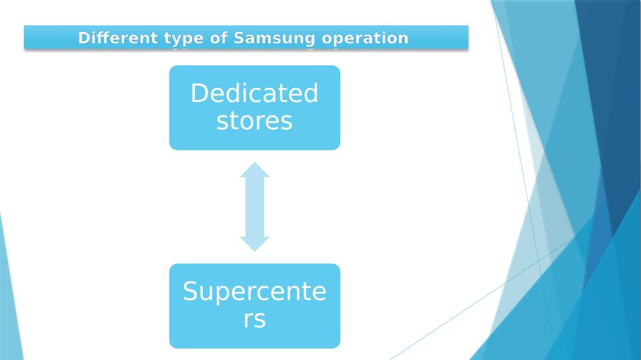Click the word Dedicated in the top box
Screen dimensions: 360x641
click(254, 93)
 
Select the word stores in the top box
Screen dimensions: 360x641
click(254, 121)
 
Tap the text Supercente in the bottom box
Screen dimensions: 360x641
click(254, 291)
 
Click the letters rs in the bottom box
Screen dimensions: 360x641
click(254, 319)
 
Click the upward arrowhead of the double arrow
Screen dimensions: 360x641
click(255, 169)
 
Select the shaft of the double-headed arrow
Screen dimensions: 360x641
click(255, 207)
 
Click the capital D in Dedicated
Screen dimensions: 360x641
click(199, 93)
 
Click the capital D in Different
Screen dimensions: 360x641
click(83, 38)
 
